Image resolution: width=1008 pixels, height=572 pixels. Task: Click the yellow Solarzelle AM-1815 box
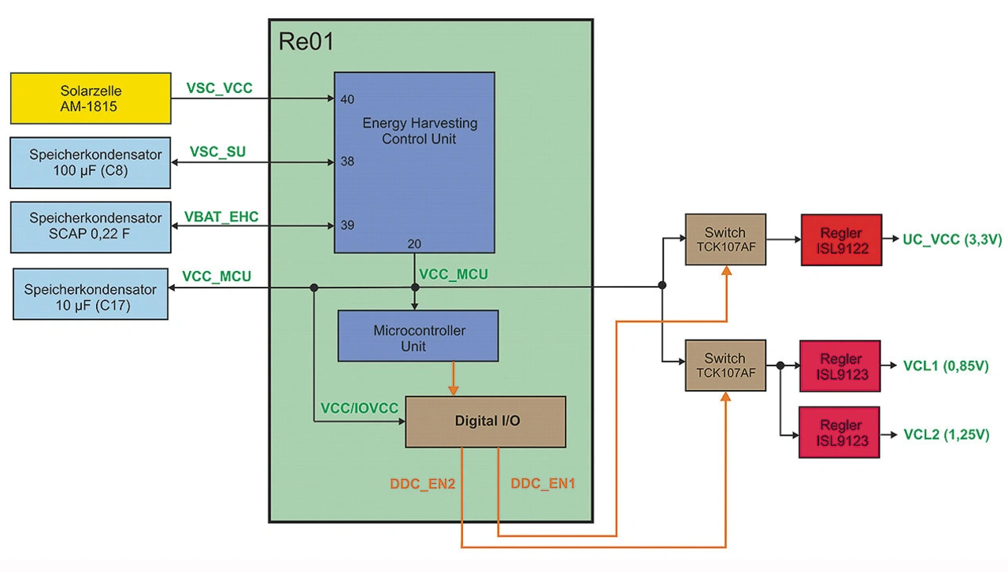coord(91,98)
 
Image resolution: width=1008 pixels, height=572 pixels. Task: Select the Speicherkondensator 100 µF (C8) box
coord(91,162)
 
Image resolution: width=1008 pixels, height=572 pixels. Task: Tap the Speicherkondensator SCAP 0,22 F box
coord(91,227)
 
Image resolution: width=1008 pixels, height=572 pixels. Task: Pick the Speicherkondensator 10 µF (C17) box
coord(91,294)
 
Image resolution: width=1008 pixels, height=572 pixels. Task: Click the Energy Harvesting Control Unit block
coord(414,162)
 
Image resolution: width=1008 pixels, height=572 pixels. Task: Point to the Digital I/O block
coord(485,422)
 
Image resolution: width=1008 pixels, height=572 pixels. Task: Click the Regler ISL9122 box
coord(841,240)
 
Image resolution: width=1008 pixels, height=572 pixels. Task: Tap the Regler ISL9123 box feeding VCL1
coord(839,366)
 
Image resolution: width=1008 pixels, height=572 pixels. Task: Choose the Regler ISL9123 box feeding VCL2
coord(839,433)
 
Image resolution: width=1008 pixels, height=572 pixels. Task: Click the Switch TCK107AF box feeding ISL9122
coord(725,240)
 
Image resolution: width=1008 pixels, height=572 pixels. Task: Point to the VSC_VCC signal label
coord(220,88)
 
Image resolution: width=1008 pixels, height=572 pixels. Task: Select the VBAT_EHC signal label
coord(221,216)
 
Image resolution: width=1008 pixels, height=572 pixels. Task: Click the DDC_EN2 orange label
coord(423,484)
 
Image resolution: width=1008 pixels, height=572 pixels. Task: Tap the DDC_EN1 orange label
coord(543,484)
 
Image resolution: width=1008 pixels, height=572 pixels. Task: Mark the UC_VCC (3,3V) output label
coord(952,240)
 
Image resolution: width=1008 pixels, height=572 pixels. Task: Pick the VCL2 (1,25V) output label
coord(947,434)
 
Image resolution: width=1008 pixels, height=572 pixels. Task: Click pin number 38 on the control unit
coord(347,162)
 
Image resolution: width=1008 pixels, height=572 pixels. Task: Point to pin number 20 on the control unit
coord(414,244)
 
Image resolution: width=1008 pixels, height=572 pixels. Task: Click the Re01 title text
coord(306,42)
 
